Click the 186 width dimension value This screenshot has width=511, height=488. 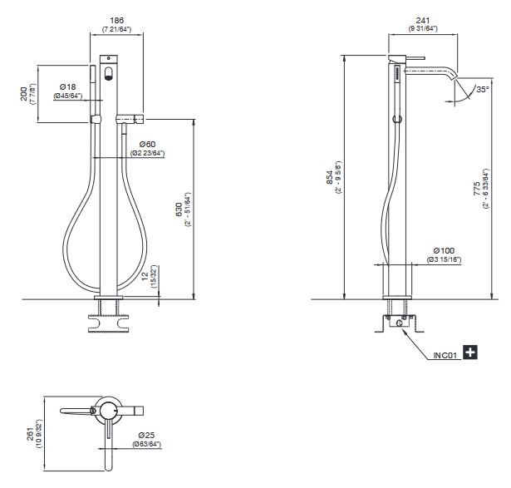coord(116,21)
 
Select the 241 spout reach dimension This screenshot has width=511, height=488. coord(423,21)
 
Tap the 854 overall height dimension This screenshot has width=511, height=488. coord(330,177)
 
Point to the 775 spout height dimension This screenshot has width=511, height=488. coord(477,189)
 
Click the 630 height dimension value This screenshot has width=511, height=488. coord(179,209)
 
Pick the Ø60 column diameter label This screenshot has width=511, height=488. coord(147,144)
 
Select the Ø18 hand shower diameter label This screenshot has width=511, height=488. coord(68,86)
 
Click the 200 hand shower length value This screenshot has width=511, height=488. coord(24,94)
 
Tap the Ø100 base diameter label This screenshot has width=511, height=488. coord(444,251)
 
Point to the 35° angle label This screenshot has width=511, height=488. coord(483,89)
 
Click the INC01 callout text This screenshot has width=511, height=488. coord(445,355)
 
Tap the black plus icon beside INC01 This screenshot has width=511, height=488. coord(470,352)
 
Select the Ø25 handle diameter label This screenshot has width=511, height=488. coord(146,435)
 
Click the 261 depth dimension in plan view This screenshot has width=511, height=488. coord(30,434)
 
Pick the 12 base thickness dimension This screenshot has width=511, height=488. coord(145,275)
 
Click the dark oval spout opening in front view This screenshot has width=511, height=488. coord(109,74)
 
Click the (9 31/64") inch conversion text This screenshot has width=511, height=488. coord(423,28)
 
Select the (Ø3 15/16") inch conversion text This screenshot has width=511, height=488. coord(444,260)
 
